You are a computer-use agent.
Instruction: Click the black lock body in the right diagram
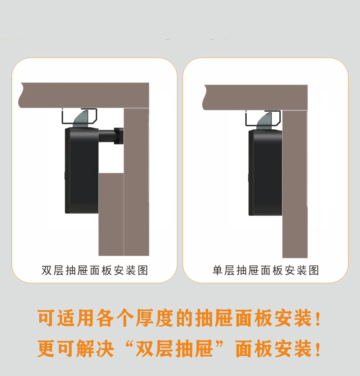[x=265, y=173]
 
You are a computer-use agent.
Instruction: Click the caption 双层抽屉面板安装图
[x=95, y=270]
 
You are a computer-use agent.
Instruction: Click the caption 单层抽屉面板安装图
[x=266, y=270]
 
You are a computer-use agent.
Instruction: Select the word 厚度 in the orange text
[x=155, y=318]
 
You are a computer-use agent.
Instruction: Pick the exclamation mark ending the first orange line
[x=318, y=318]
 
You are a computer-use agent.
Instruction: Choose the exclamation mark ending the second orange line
[x=318, y=349]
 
